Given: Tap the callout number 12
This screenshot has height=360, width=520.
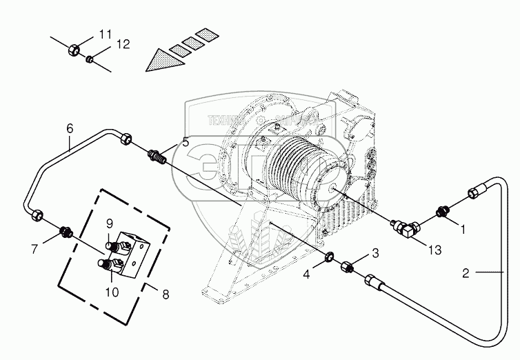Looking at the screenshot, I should pos(122,45).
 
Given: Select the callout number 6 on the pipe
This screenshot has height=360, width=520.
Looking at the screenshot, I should pos(70,128).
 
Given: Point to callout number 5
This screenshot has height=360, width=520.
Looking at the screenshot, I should pos(185,143).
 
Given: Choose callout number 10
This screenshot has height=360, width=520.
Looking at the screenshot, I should pos(112,292).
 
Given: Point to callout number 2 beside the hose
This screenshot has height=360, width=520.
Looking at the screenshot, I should pos(466,273).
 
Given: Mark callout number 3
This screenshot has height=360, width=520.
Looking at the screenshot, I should pos(375,253).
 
